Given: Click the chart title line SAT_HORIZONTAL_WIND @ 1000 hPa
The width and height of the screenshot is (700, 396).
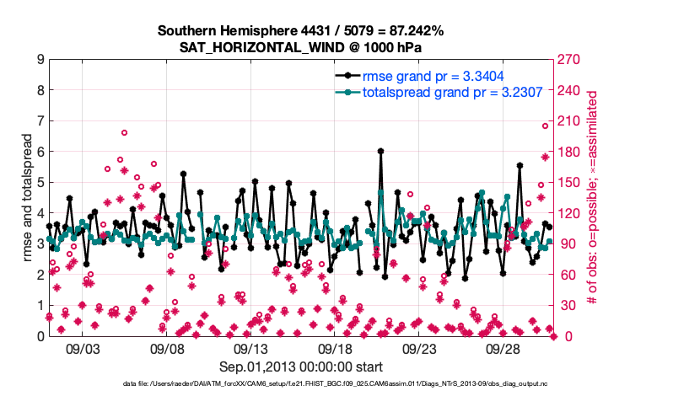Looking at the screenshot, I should [300, 47].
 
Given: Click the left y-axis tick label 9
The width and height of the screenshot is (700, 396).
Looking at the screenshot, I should [40, 60].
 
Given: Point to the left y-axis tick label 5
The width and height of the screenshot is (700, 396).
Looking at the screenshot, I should [40, 182].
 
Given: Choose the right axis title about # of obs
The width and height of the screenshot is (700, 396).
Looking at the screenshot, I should [593, 198].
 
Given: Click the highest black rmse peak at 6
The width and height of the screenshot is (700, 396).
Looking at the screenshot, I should [381, 152].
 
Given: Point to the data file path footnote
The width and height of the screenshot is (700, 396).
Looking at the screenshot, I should [301, 384].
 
